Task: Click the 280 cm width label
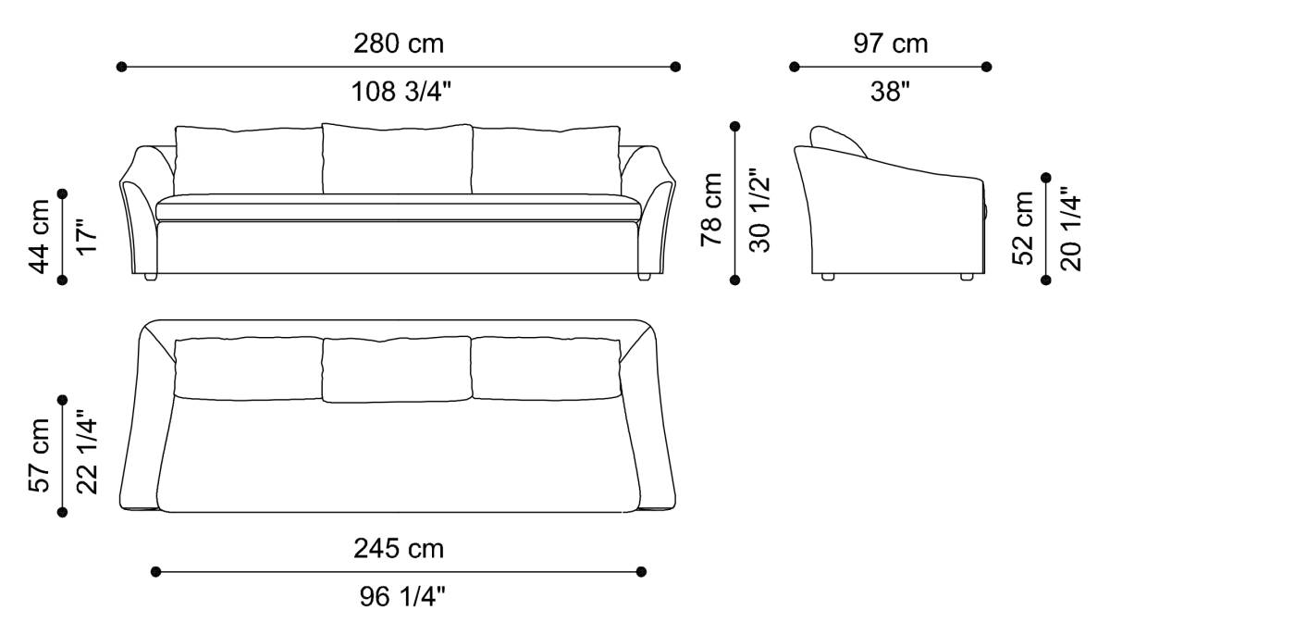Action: pos(398,44)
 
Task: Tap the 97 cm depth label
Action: pos(889,44)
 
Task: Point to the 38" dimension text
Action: pos(890,92)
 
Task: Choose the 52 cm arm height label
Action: pos(1023,228)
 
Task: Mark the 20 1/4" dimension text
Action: pos(1070,228)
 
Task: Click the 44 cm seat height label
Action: pos(40,236)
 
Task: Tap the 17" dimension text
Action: pos(86,237)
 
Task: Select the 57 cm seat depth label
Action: pos(40,455)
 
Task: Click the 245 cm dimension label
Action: pos(399,549)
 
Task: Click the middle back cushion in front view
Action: pos(397,158)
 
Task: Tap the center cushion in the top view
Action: pos(397,369)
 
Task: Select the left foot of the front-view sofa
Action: pos(151,277)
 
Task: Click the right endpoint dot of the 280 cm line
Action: pos(675,67)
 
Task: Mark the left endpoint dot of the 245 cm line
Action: pos(156,572)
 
